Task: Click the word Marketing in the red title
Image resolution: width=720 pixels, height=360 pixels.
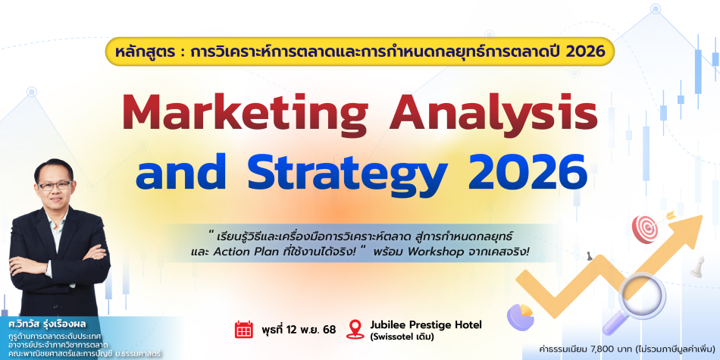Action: click(x=246, y=113)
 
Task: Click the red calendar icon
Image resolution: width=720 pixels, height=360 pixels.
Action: click(x=244, y=330)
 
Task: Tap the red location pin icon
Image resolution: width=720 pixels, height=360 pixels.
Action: click(x=355, y=329)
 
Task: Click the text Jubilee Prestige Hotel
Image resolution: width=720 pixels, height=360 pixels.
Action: click(x=426, y=324)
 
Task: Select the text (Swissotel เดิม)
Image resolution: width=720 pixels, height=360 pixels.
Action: click(x=402, y=337)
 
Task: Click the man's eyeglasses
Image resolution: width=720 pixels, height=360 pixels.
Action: click(x=55, y=186)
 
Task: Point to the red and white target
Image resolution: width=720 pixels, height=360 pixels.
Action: click(x=645, y=228)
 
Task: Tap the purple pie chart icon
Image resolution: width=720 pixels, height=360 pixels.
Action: click(x=520, y=316)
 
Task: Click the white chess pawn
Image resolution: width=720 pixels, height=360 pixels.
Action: click(x=697, y=267)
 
